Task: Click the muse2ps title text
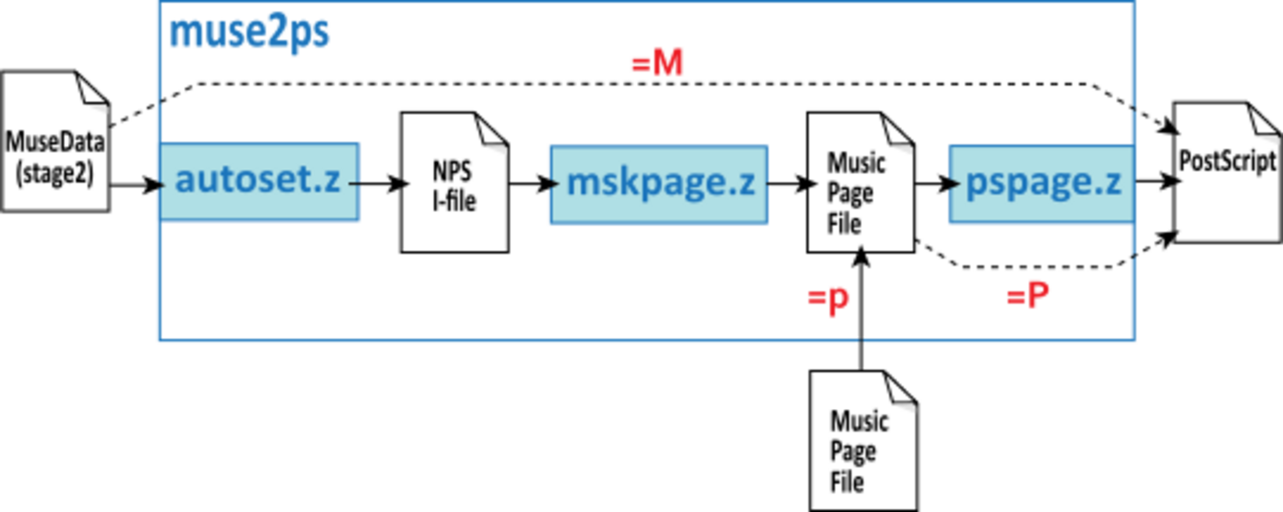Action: pyautogui.click(x=250, y=33)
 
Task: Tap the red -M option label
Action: pyautogui.click(x=657, y=62)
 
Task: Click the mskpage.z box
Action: pyautogui.click(x=658, y=184)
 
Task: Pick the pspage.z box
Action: pyautogui.click(x=1041, y=184)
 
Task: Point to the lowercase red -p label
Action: pyautogui.click(x=829, y=299)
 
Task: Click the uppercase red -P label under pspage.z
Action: pyautogui.click(x=1029, y=293)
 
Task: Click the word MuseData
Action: pyautogui.click(x=55, y=142)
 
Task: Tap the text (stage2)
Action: pyautogui.click(x=55, y=174)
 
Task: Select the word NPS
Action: pyautogui.click(x=452, y=172)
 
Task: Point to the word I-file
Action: pyautogui.click(x=455, y=201)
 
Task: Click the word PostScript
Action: pyautogui.click(x=1227, y=161)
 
